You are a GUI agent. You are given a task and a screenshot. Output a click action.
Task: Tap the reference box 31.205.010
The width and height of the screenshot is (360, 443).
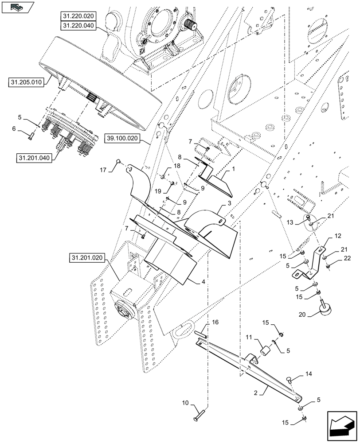click(x=26, y=82)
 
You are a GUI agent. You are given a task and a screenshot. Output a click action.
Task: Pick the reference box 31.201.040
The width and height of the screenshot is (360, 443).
click(x=35, y=158)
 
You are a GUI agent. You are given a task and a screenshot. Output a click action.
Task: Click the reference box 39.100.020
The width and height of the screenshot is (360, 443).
click(x=122, y=139)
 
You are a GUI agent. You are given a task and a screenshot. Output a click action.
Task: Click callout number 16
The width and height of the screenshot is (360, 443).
click(x=215, y=323)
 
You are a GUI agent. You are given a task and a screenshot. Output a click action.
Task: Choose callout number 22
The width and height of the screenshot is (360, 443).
click(x=347, y=258)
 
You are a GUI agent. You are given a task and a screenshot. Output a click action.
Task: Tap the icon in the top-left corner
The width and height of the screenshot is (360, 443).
click(x=17, y=7)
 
